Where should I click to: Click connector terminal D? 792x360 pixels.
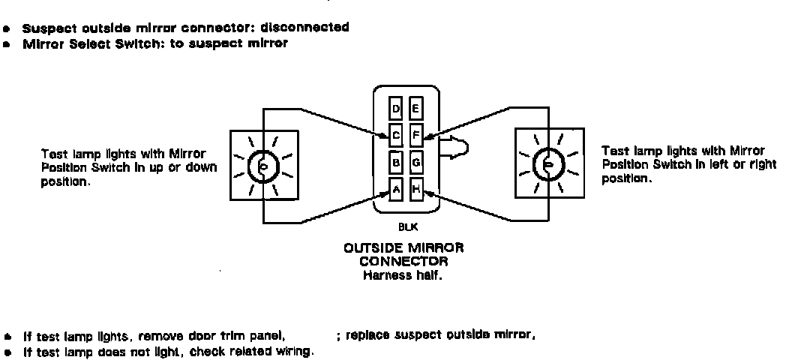pos(397,109)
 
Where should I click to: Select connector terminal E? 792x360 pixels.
pos(416,109)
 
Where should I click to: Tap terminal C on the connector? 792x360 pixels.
pos(397,136)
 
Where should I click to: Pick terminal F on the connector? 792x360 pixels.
pos(416,136)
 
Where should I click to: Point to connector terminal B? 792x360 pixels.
pos(397,162)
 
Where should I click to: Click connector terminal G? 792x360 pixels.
pos(416,162)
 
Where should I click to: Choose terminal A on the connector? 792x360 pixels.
pos(397,188)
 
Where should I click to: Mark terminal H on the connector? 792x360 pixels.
pos(416,188)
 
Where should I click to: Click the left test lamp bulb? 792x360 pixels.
pos(262,165)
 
